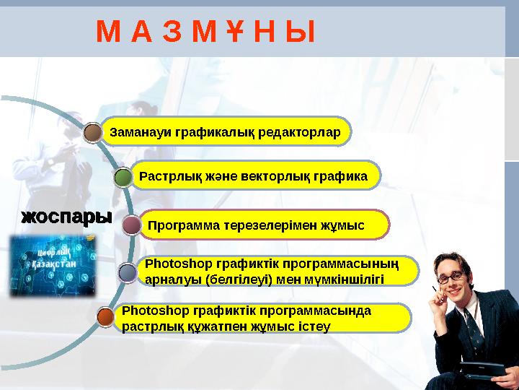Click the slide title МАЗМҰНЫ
point(205,31)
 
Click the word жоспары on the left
point(66,217)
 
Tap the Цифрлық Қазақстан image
point(52,266)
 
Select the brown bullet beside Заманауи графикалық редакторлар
point(92,133)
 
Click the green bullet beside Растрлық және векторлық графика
point(123,178)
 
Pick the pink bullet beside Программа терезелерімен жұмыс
point(131,226)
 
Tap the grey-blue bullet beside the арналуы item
point(127,272)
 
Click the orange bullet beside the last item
point(106,316)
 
